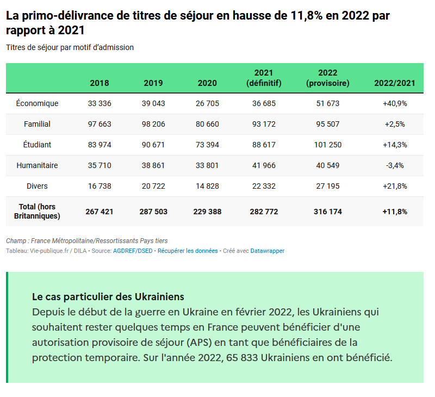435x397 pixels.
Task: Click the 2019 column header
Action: click(x=153, y=83)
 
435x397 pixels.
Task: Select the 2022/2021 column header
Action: click(x=395, y=83)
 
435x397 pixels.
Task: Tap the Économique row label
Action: click(x=37, y=103)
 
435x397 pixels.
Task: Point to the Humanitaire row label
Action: click(x=37, y=165)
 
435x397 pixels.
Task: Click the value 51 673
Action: click(x=328, y=103)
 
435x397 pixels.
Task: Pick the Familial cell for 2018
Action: click(x=100, y=124)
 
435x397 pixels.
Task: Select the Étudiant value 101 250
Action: click(x=328, y=145)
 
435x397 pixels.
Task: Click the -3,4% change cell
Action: click(x=395, y=165)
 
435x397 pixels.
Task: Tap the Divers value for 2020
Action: click(x=207, y=186)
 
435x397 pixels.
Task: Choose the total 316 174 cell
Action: click(x=328, y=212)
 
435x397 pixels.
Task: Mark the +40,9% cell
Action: click(x=395, y=103)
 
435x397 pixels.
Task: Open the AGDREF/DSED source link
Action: click(x=133, y=251)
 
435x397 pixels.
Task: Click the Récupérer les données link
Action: click(x=188, y=251)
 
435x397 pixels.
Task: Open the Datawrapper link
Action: click(x=268, y=251)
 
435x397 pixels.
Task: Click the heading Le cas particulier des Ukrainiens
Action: click(x=108, y=297)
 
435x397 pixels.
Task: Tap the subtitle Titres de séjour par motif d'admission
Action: click(x=70, y=47)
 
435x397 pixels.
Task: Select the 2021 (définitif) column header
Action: click(x=264, y=78)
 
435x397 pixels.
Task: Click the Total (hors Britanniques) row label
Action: click(x=37, y=212)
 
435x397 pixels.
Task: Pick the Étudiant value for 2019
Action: click(x=153, y=145)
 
